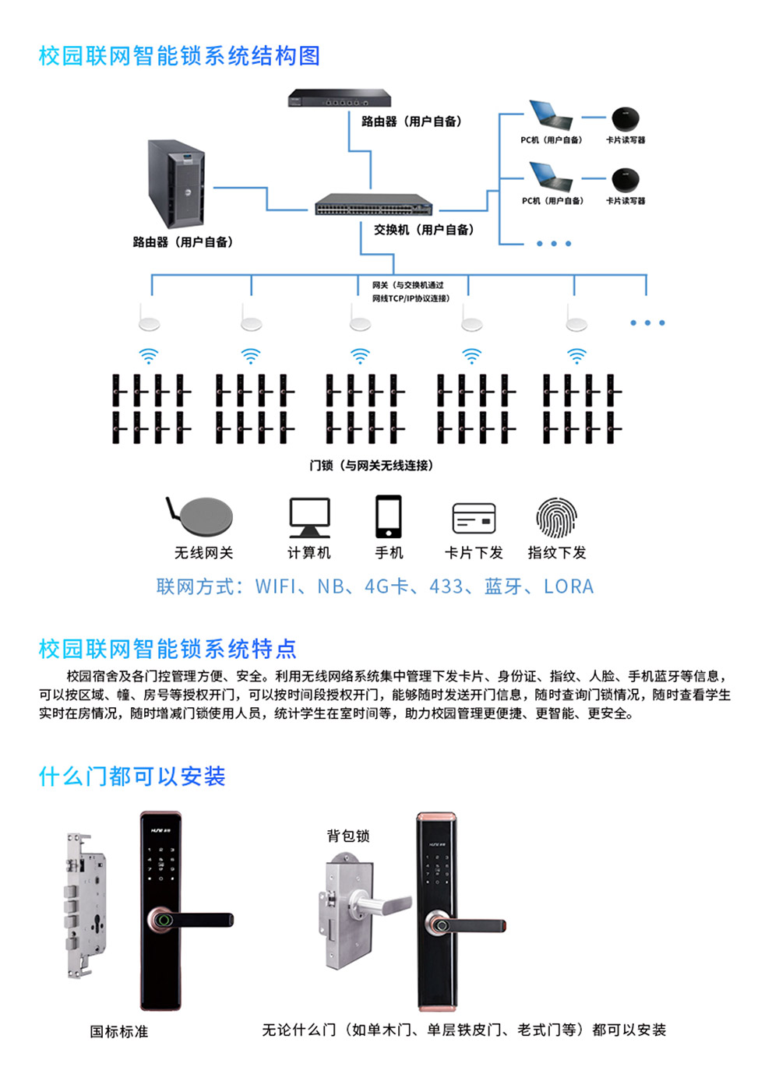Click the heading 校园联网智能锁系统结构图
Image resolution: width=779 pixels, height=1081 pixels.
coord(179,56)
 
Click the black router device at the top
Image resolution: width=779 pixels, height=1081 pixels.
coord(339,99)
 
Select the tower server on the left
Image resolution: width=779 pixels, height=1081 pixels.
coord(176,184)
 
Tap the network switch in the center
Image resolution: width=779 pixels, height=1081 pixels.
coord(373,206)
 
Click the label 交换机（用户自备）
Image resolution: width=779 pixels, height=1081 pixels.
coord(423,230)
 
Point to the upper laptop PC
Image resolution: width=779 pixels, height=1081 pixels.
coord(550,115)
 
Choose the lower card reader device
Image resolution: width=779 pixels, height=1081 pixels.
coord(626,180)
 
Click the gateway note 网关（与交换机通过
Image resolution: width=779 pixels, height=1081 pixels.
coord(407,285)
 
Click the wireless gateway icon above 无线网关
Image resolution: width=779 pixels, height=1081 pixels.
coord(201,516)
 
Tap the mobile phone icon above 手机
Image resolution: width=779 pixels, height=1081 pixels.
coord(389,516)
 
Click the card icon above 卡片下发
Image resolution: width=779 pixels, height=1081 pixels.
coord(474,519)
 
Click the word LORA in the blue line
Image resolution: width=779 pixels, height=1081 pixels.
coord(569,586)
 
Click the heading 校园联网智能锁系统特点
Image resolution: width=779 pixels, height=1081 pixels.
coord(167,649)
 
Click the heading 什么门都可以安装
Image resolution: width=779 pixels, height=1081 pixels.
coord(132,776)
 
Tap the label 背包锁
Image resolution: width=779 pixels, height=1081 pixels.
coord(348,836)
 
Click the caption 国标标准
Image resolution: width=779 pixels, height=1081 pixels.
coord(118,1031)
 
